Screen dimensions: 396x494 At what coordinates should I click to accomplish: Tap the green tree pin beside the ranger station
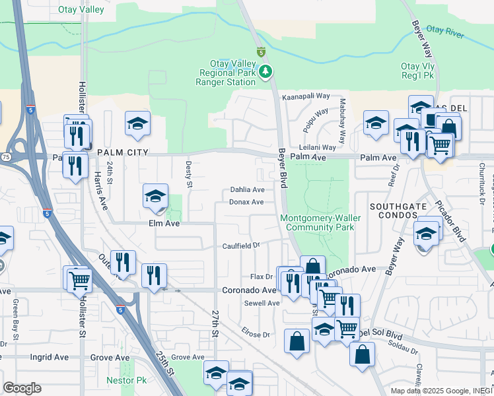[x=265, y=71]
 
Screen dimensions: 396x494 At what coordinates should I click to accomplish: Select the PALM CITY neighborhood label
[x=121, y=152]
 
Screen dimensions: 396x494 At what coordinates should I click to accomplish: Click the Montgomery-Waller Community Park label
[x=317, y=222]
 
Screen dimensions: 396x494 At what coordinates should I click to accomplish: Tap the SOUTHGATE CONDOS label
[x=397, y=211]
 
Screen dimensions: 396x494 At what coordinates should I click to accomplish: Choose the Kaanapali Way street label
[x=305, y=96]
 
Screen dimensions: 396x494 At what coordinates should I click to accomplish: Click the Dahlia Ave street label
[x=247, y=189]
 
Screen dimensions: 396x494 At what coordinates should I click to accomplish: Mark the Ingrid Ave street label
[x=50, y=357]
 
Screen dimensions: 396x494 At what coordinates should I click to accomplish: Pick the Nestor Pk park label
[x=126, y=381]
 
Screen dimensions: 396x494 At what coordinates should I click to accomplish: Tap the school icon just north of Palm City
[x=137, y=123]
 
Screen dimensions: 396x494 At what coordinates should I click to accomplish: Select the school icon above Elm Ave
[x=156, y=196]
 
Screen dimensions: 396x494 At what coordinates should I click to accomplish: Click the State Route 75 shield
[x=6, y=156]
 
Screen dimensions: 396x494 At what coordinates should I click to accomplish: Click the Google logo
[x=22, y=388]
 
